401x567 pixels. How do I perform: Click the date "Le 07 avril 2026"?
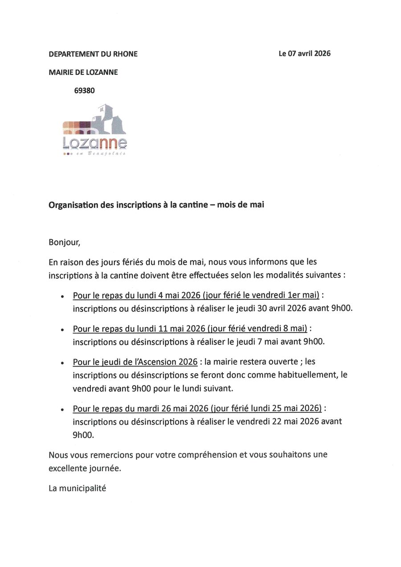(x=305, y=53)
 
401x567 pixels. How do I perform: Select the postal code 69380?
(x=84, y=90)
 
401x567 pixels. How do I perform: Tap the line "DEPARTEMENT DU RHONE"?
(x=93, y=54)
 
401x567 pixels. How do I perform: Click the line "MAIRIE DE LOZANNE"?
(x=83, y=72)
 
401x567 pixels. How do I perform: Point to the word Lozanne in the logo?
(x=94, y=143)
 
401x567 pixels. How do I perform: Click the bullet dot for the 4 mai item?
(x=63, y=296)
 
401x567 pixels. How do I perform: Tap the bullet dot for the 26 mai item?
(x=63, y=409)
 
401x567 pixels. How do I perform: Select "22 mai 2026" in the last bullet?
(x=295, y=421)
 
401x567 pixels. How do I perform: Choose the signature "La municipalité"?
(x=78, y=488)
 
